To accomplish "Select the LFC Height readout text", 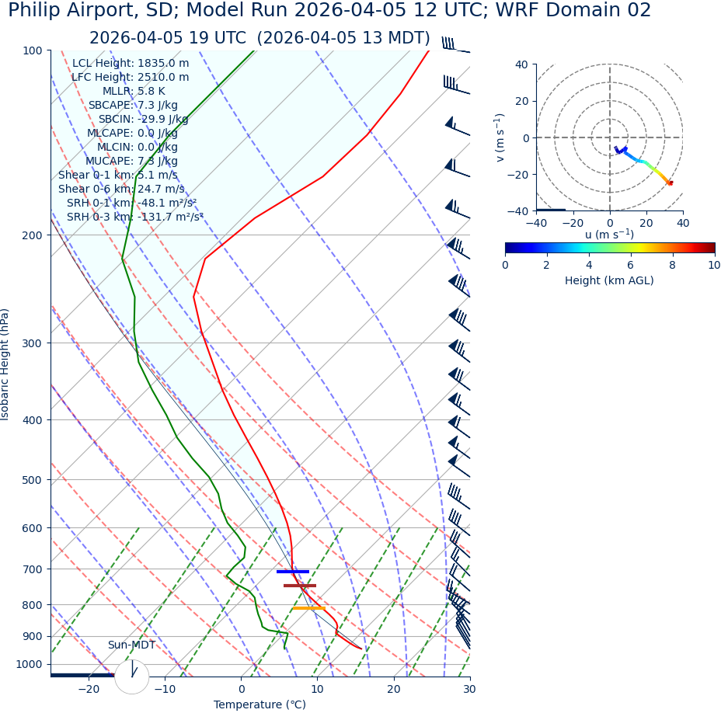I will pos(130,78).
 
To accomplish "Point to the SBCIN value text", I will pos(143,120).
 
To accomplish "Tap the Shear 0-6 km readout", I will pos(121,190).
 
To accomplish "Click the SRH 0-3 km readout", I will pos(134,217).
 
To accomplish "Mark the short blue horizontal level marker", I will pos(293,572).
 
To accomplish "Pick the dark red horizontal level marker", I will pos(300,586).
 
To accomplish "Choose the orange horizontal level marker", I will pos(308,608).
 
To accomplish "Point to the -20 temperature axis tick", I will pos(89,689).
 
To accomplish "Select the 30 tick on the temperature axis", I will pos(469,689).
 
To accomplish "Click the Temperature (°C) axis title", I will pos(259,705).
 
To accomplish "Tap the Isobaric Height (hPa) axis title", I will pos(5,364).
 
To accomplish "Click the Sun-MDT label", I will pos(131,645).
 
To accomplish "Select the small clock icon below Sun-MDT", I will pos(132,677).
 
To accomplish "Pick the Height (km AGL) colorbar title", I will pos(609,281).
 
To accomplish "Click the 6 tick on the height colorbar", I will pos(631,265).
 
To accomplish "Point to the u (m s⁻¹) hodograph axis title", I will pos(609,235).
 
